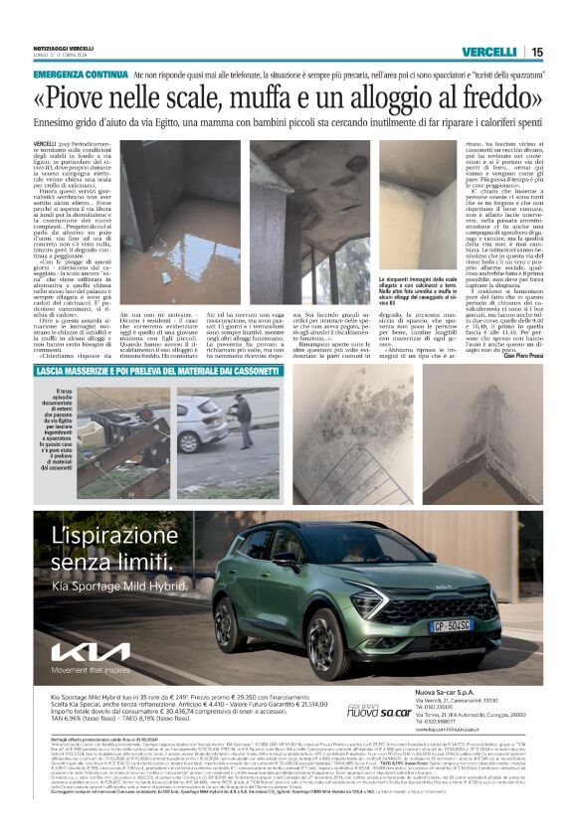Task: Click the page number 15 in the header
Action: point(536,52)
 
